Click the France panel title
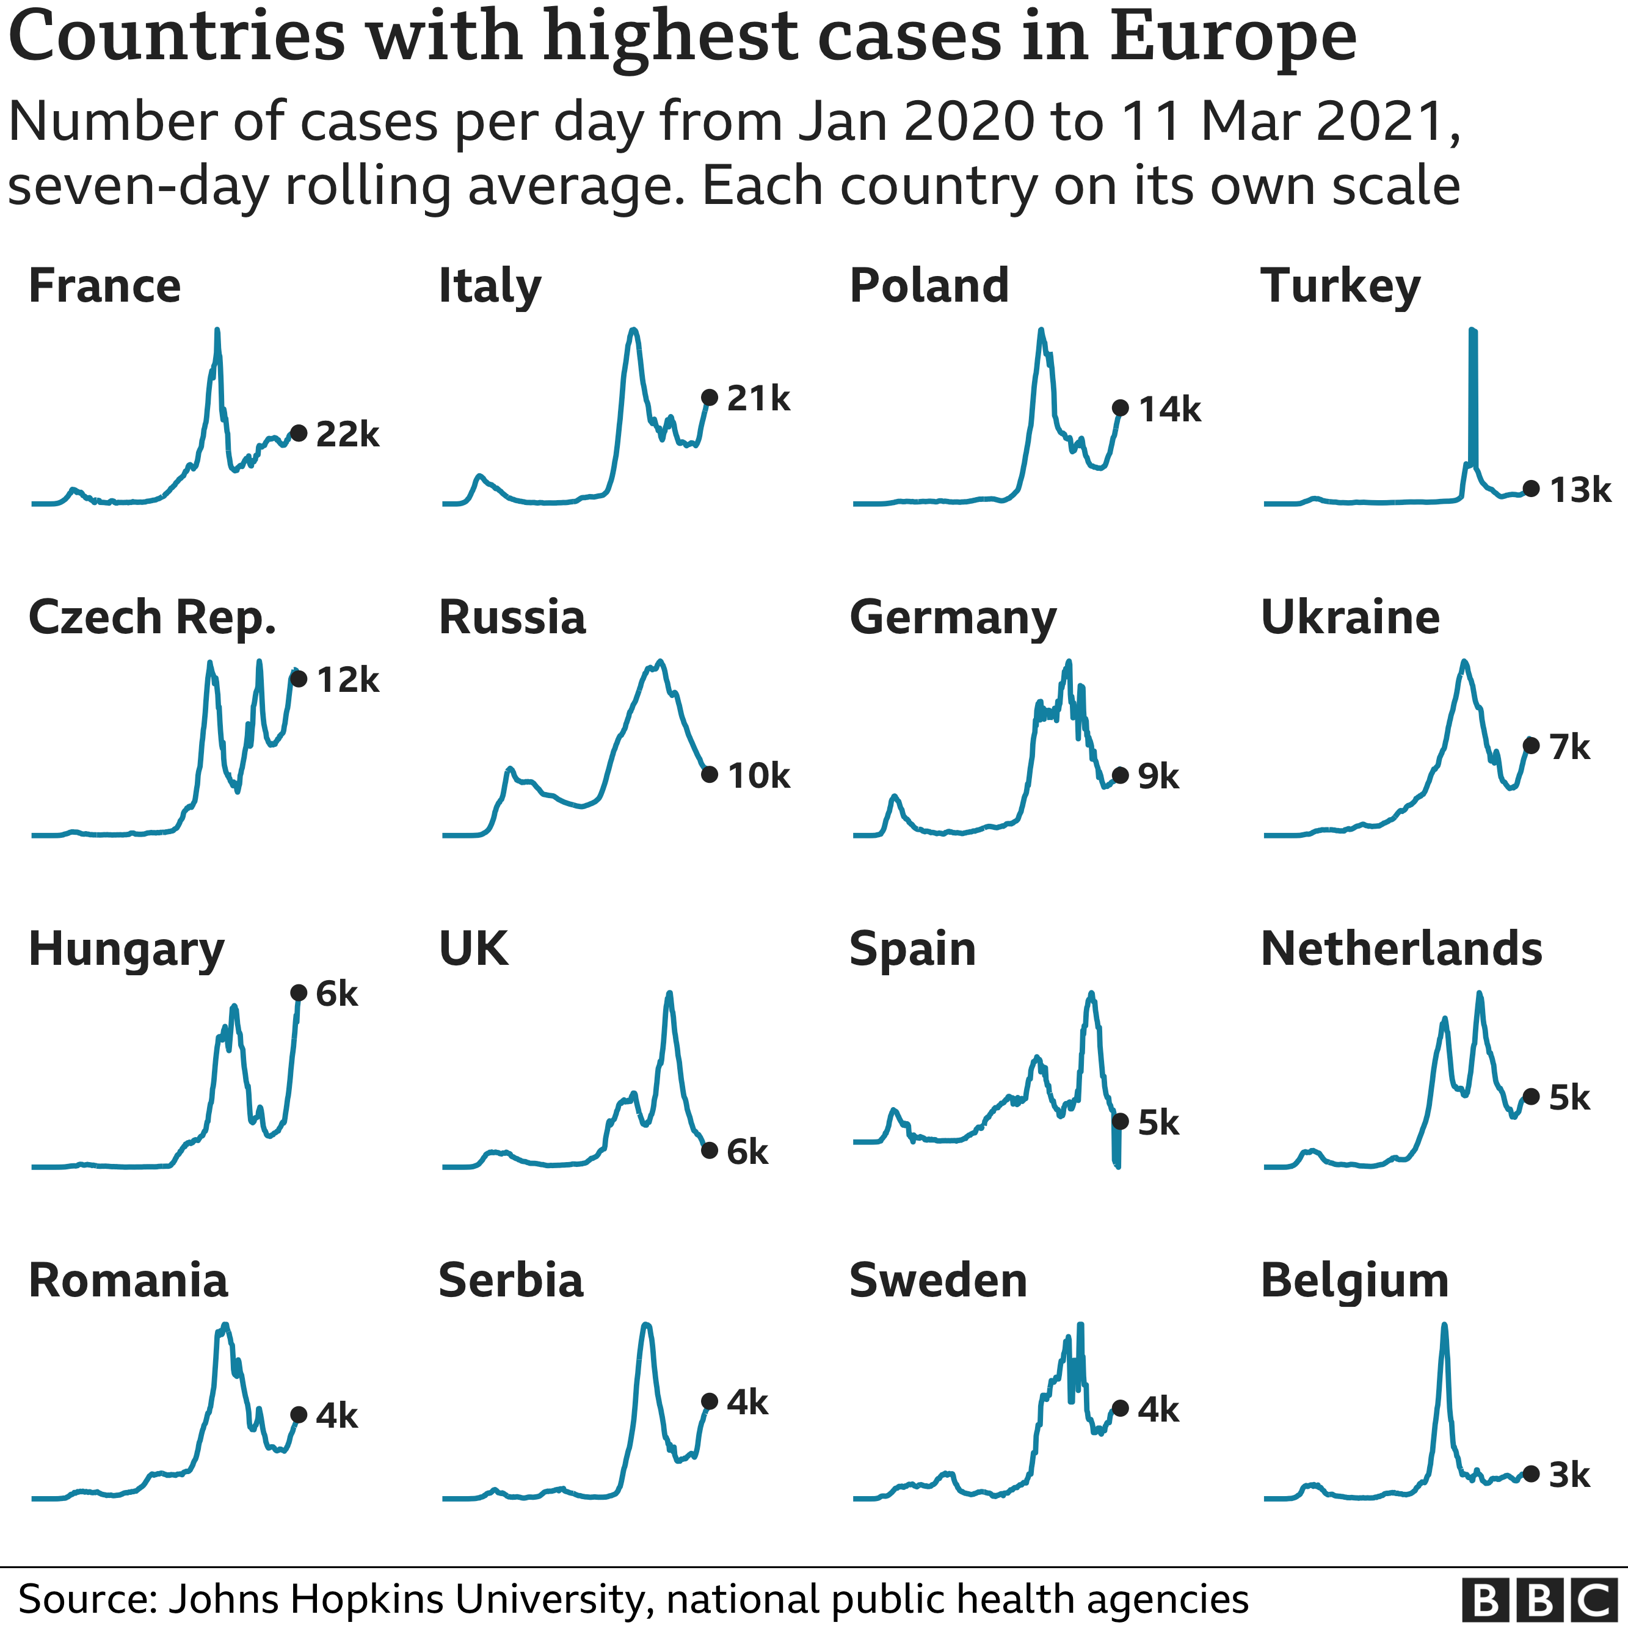pyautogui.click(x=104, y=286)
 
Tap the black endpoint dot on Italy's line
pyautogui.click(x=710, y=398)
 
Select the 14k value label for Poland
pyautogui.click(x=1169, y=410)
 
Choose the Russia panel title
pyautogui.click(x=512, y=617)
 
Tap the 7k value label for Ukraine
pyautogui.click(x=1569, y=747)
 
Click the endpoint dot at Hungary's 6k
pyautogui.click(x=298, y=994)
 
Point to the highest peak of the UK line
pyautogui.click(x=670, y=994)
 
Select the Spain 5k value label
pyautogui.click(x=1158, y=1123)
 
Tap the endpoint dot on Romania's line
pyautogui.click(x=298, y=1415)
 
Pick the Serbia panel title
pyautogui.click(x=511, y=1281)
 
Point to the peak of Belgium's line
pyautogui.click(x=1444, y=1326)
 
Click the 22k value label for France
pyautogui.click(x=347, y=435)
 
